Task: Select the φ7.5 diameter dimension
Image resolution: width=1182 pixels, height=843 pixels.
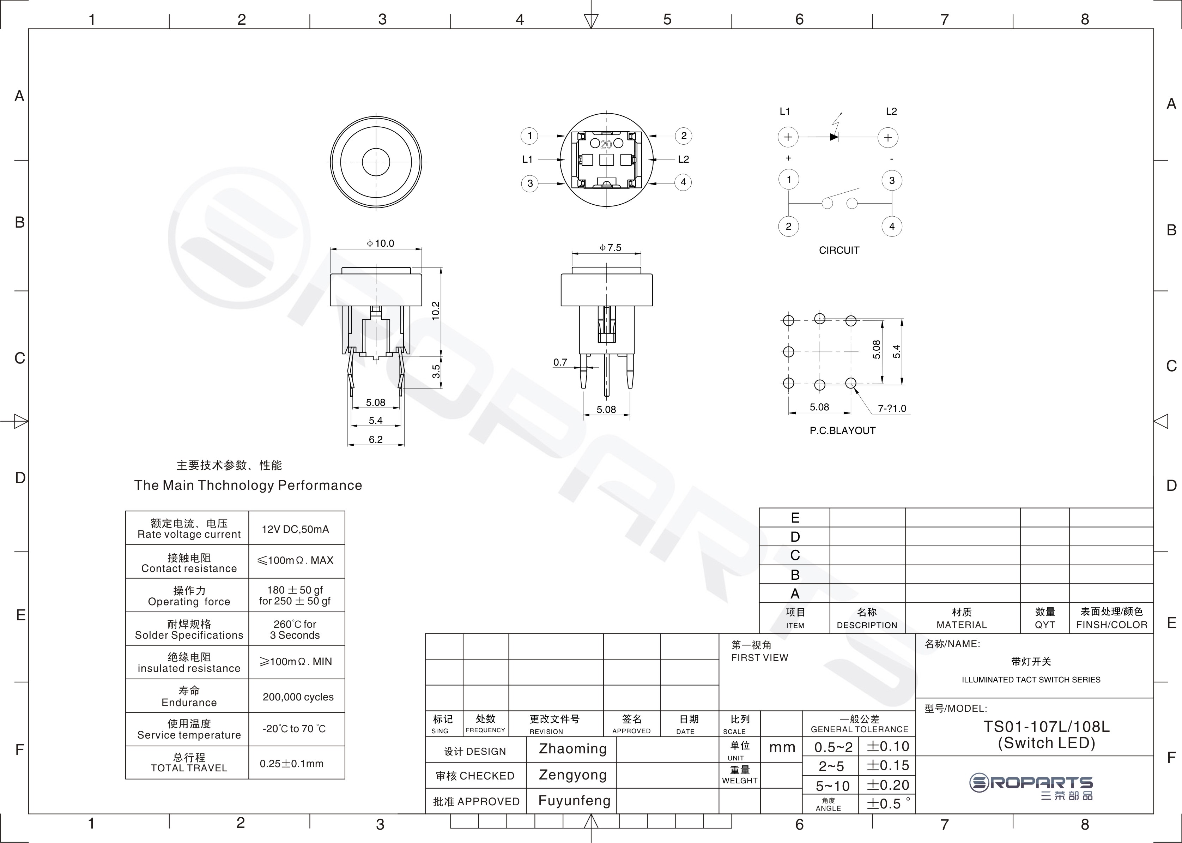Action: click(610, 248)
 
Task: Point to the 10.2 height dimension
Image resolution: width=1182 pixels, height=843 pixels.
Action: click(436, 311)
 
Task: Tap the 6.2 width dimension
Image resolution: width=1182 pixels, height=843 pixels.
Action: click(376, 439)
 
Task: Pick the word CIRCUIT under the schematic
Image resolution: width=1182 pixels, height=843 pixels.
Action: click(839, 250)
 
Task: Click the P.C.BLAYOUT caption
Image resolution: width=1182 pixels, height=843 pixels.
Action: click(843, 430)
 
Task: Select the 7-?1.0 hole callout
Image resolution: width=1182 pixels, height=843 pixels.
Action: click(892, 409)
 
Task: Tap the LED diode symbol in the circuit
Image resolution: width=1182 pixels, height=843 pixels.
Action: click(834, 137)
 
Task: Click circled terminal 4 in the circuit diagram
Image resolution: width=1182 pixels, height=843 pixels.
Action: click(892, 226)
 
